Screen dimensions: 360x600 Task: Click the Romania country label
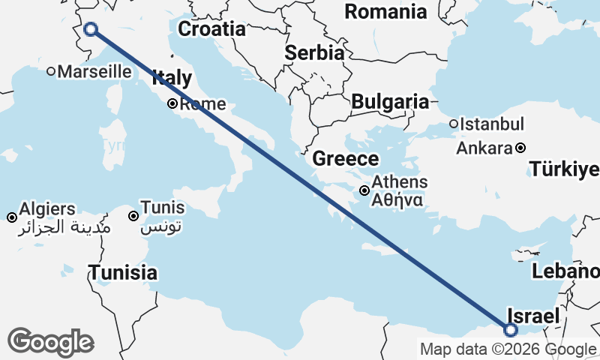(x=385, y=11)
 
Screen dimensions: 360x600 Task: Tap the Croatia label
(x=211, y=29)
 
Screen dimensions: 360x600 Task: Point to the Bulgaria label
(x=390, y=101)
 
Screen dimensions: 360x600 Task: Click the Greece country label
(x=346, y=158)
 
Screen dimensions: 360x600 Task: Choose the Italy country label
(x=172, y=77)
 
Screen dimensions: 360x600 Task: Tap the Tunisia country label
(x=123, y=272)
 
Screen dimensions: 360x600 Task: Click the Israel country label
(x=533, y=316)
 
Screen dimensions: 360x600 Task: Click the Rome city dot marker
(x=172, y=104)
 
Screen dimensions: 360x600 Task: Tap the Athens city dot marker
(x=364, y=190)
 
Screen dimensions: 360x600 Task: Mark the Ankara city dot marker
(x=520, y=148)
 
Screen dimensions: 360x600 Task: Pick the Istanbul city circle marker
(x=454, y=124)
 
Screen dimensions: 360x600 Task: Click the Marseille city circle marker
(x=51, y=72)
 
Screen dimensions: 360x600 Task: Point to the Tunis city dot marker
(x=133, y=217)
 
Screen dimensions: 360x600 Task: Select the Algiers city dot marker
(x=12, y=217)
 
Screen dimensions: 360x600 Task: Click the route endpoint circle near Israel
(x=511, y=330)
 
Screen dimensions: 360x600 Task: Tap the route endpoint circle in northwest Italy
(x=91, y=29)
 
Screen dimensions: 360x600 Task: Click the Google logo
(x=50, y=341)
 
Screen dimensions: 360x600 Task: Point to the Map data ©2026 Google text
(x=508, y=349)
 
